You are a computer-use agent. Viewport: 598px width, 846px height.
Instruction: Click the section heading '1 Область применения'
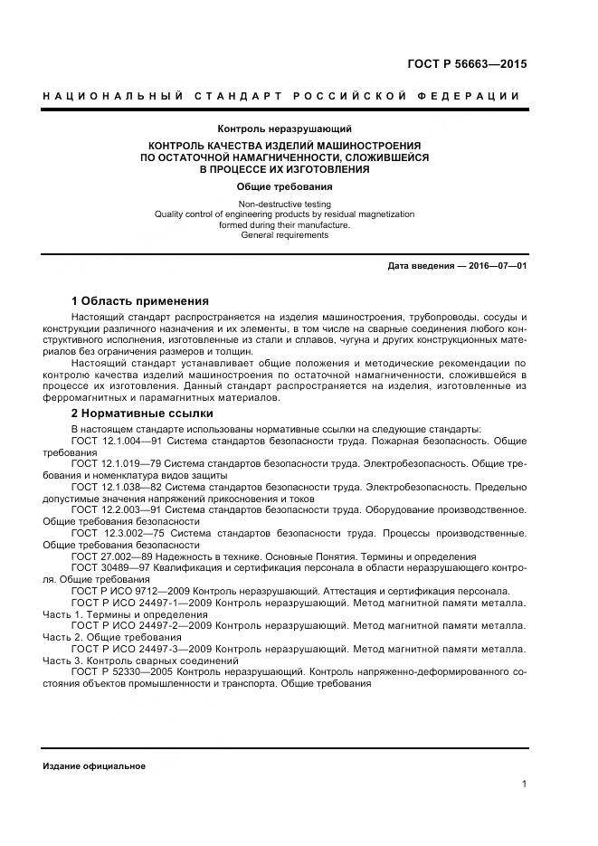click(x=139, y=300)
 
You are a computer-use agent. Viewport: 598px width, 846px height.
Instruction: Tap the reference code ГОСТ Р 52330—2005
click(x=122, y=672)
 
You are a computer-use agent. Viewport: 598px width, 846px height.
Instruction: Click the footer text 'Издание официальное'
click(x=94, y=765)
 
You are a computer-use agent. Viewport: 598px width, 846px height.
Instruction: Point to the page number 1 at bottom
click(x=524, y=784)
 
